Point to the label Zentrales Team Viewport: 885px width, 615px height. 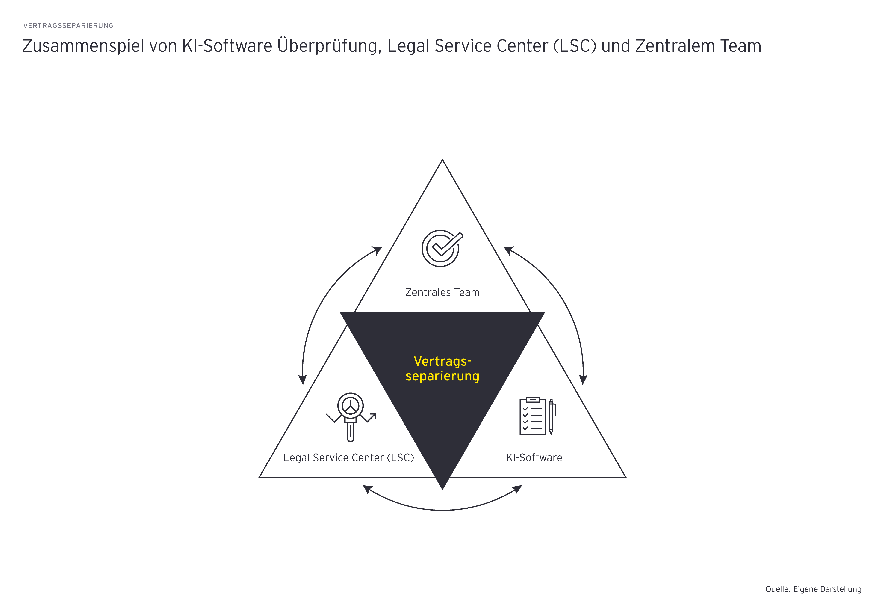pos(442,292)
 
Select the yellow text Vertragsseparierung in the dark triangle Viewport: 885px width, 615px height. pos(442,368)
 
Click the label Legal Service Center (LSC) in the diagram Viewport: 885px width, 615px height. pos(348,458)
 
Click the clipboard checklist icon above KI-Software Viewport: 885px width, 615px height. pos(533,416)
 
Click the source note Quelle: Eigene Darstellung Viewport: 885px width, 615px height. pos(813,589)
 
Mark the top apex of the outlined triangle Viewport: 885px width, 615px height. pos(442,160)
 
